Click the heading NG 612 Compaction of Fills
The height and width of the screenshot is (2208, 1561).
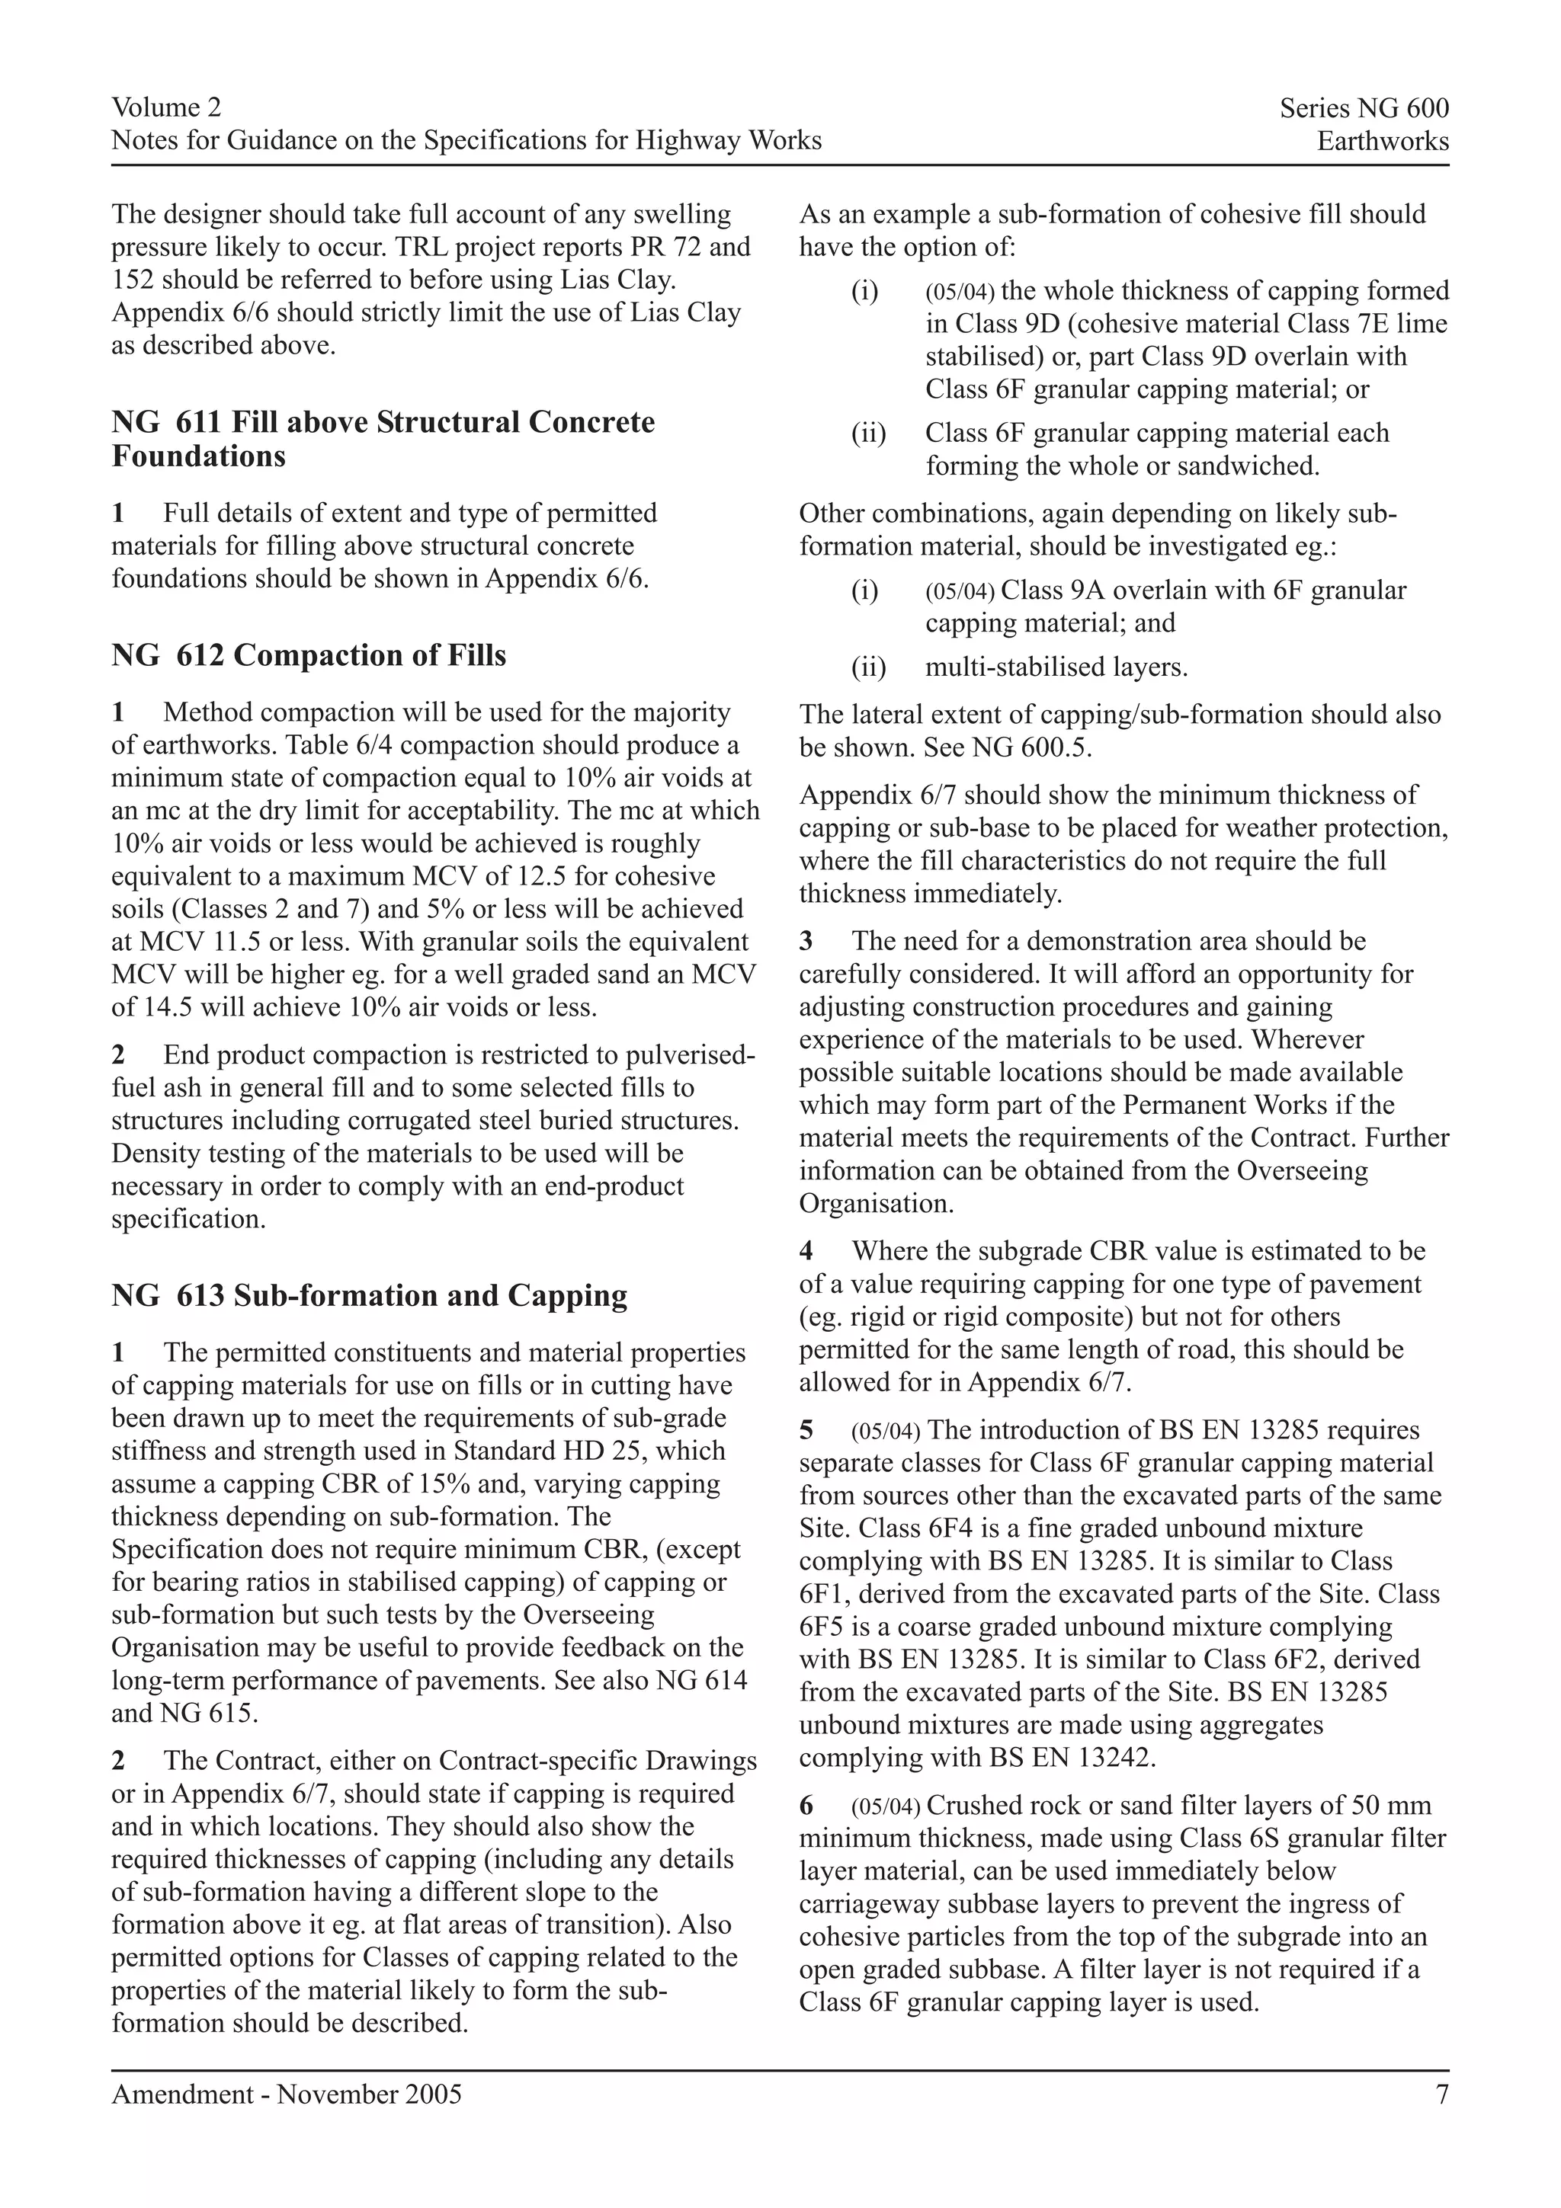pos(309,656)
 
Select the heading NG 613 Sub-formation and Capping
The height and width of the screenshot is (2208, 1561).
pos(370,1295)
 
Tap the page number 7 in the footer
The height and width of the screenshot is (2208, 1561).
pos(1441,2094)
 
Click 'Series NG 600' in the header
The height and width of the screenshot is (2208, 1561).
pos(1363,109)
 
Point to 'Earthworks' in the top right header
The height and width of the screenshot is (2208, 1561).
pos(1382,142)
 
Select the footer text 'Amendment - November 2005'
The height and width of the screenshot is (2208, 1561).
pos(287,2094)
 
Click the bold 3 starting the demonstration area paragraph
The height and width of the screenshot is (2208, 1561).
pos(806,942)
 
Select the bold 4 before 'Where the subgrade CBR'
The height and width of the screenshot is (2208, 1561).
pos(806,1251)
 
